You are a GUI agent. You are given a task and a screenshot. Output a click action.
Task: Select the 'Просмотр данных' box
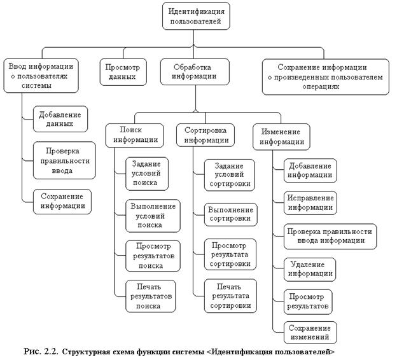pyautogui.click(x=122, y=72)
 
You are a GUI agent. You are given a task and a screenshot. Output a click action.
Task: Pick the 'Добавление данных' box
pyautogui.click(x=60, y=119)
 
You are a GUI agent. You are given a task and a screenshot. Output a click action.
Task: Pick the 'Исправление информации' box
pyautogui.click(x=309, y=202)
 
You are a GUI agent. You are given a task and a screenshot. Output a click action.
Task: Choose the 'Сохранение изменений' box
pyautogui.click(x=310, y=333)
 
